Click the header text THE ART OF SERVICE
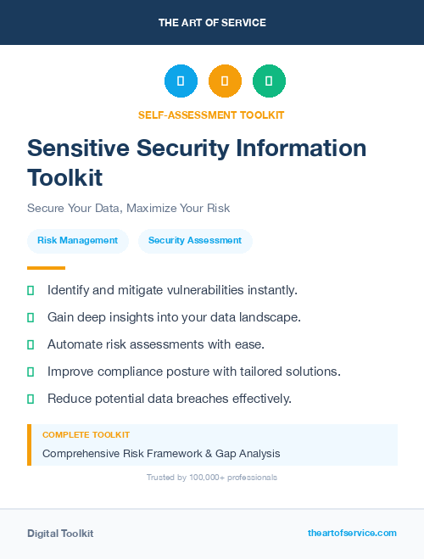(x=212, y=23)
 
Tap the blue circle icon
(x=181, y=81)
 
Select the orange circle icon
(x=225, y=81)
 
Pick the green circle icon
(x=269, y=81)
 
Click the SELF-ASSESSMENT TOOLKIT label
(x=211, y=115)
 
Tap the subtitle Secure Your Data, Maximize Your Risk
(x=128, y=208)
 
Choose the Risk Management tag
(x=77, y=241)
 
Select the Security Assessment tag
(x=195, y=241)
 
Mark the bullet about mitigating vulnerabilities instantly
(x=172, y=290)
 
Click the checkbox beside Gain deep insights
(x=31, y=317)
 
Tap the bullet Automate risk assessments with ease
(x=156, y=344)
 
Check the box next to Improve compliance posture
(x=31, y=372)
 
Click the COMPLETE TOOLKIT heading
(x=86, y=434)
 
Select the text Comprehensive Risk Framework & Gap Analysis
(x=161, y=454)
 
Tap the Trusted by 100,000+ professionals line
(x=212, y=478)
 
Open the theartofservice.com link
(x=352, y=533)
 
